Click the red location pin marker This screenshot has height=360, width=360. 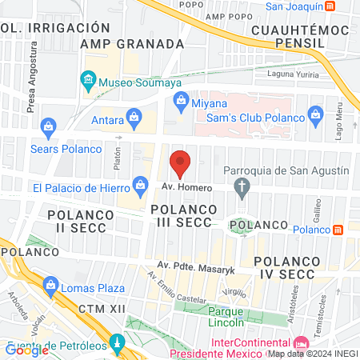pyautogui.click(x=181, y=163)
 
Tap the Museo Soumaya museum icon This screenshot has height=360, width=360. pyautogui.click(x=88, y=81)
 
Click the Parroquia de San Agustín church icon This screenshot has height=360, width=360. pyautogui.click(x=242, y=187)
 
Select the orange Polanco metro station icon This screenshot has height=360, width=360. pyautogui.click(x=338, y=230)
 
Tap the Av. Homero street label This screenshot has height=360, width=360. pyautogui.click(x=186, y=187)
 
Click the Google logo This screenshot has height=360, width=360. pyautogui.click(x=27, y=350)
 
